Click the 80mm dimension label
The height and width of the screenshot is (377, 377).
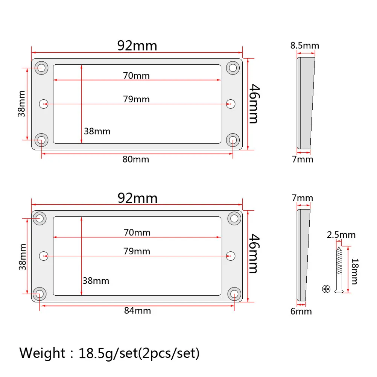click(136, 159)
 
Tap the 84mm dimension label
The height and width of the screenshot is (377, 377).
click(138, 310)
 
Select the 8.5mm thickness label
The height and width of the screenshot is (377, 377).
click(305, 46)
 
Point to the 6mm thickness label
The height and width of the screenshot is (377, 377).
click(301, 312)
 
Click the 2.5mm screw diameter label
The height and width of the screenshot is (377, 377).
click(341, 235)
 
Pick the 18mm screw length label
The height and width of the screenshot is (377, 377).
click(355, 271)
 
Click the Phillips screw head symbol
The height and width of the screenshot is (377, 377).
click(326, 289)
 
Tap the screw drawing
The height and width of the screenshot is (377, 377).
click(339, 269)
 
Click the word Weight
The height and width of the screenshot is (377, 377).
click(42, 353)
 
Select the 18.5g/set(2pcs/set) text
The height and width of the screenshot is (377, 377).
click(139, 353)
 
